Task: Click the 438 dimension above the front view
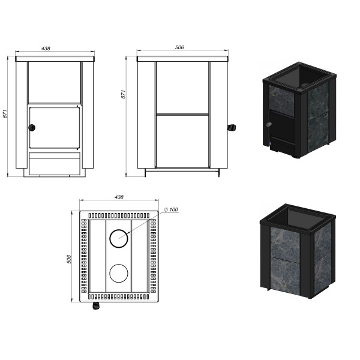click(46, 49)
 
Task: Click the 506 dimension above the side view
click(179, 47)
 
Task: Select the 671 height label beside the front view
click(5, 114)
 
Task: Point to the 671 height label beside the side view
click(123, 94)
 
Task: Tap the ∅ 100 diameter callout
click(171, 209)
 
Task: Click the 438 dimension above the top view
click(119, 197)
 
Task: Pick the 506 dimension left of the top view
click(69, 259)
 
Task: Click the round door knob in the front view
click(32, 128)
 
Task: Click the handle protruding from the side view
click(232, 128)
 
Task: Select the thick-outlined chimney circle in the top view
click(119, 238)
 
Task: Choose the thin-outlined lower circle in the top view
click(119, 273)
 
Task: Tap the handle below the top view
click(96, 306)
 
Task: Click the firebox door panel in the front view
click(55, 127)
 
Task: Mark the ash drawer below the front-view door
click(55, 163)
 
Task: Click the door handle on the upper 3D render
click(268, 125)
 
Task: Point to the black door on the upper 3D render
click(282, 127)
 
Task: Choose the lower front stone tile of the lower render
click(286, 276)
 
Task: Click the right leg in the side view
click(218, 173)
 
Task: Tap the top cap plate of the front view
click(55, 59)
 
